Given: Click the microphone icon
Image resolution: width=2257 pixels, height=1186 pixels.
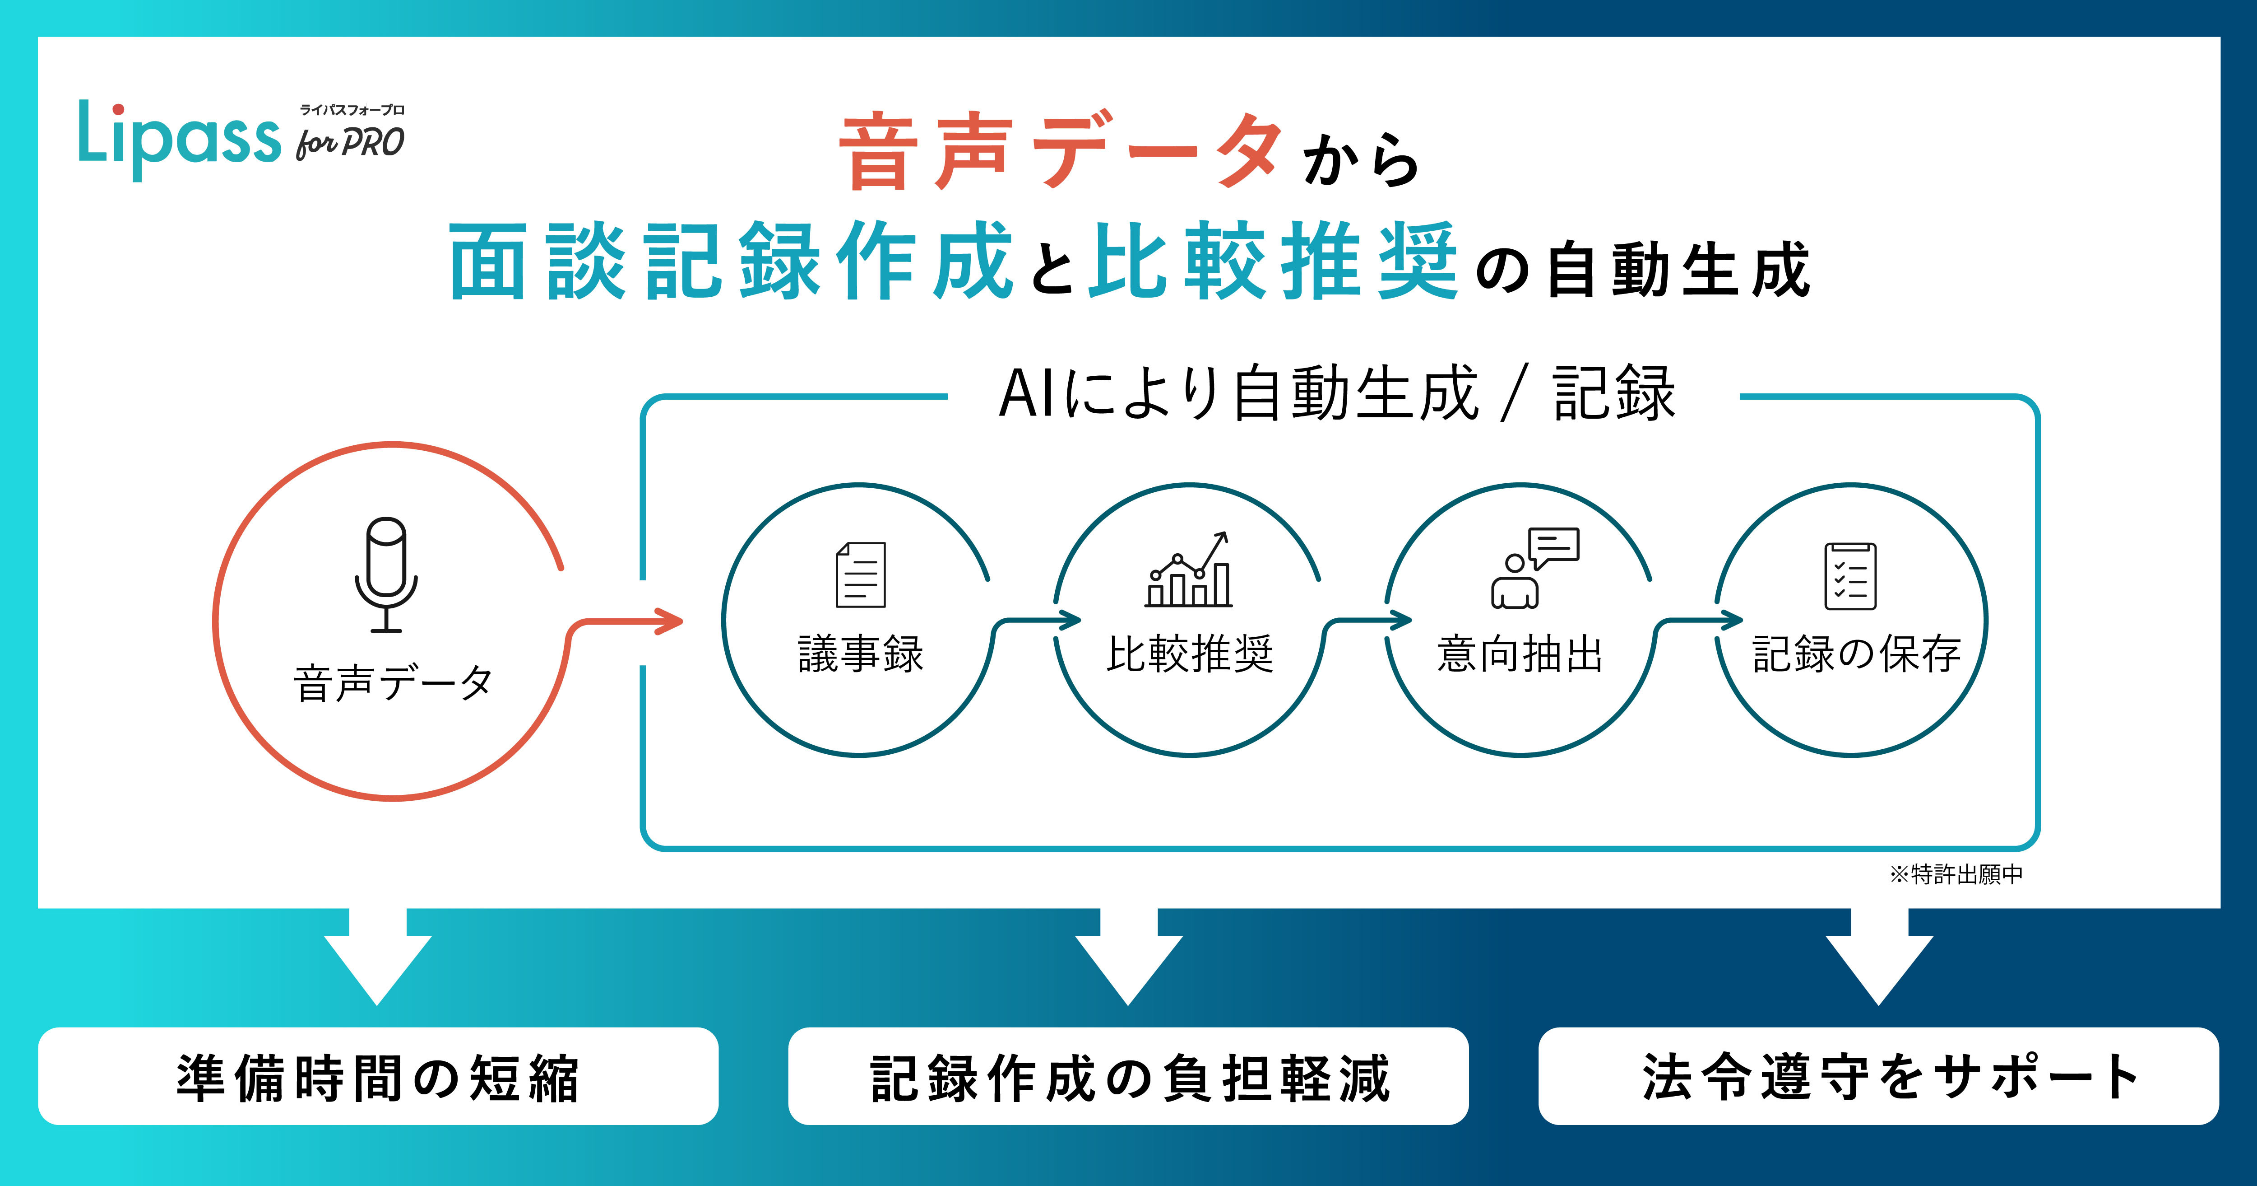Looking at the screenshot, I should coord(386,574).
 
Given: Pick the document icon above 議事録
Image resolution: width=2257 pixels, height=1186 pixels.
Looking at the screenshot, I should coord(860,575).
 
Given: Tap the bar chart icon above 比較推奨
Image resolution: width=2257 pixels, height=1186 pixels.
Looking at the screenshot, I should coord(1189,571).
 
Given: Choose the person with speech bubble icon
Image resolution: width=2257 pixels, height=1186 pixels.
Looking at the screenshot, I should coord(1533,568).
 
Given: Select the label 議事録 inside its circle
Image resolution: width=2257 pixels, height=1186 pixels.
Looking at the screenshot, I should coord(860,654).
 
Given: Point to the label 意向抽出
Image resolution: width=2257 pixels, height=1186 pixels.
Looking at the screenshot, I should coord(1520,654).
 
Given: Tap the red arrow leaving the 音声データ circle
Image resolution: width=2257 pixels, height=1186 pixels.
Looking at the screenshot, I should coord(631,622).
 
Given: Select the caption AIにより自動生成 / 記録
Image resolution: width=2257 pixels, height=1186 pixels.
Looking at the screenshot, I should coord(1336,394).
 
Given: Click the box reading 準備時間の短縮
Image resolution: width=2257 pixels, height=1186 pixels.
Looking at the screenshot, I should coord(378,1076).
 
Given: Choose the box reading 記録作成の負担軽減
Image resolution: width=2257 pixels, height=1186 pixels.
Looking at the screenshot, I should coord(1128,1076).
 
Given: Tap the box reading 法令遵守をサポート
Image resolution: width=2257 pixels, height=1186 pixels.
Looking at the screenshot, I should coord(1878,1076).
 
